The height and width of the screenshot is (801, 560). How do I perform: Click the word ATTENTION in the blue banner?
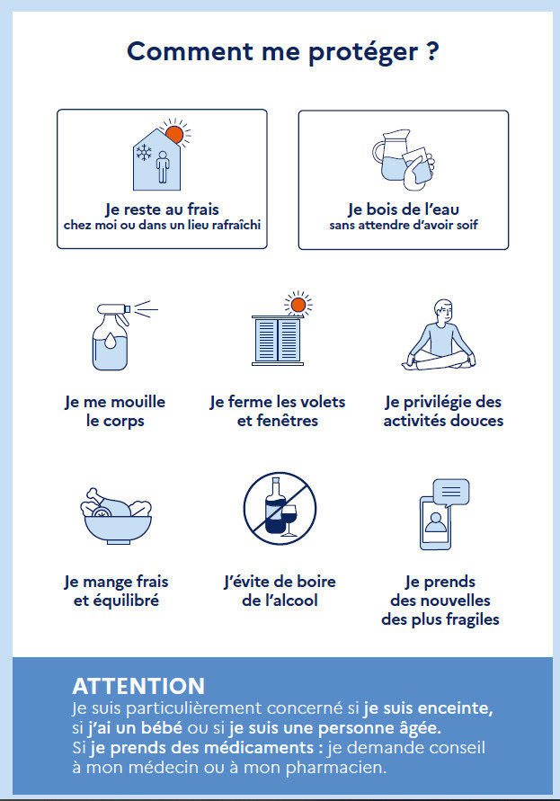pos(138,686)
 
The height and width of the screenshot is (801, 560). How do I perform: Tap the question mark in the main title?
pos(432,51)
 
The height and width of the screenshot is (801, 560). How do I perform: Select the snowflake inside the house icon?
pos(144,152)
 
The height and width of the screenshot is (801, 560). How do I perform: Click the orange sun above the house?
pos(174,134)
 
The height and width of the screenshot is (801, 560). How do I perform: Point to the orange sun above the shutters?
pos(298,305)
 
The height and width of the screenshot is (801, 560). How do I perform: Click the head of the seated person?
pos(442,311)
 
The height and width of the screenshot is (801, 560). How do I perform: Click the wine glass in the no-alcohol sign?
pos(289,520)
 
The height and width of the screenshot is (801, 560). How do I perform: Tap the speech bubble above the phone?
pos(450,493)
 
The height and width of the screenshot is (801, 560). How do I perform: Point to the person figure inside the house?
pos(163,166)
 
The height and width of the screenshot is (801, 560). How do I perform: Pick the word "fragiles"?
pos(472,619)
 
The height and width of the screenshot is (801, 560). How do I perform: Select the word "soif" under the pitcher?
pos(467,225)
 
